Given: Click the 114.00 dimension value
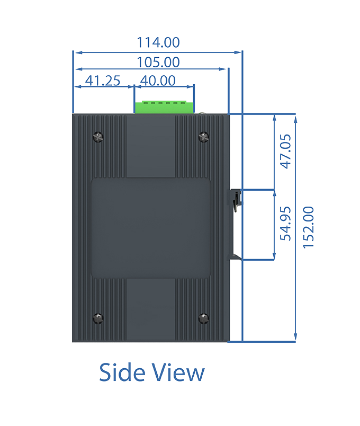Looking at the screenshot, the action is click(158, 42).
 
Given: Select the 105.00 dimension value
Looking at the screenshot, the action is click(158, 62).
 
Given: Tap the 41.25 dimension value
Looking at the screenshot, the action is click(103, 81).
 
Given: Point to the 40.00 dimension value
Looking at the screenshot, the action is click(158, 81).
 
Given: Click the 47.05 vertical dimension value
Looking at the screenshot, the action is click(285, 152).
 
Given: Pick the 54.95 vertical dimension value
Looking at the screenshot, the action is click(285, 224).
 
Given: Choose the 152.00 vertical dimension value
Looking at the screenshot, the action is click(309, 227).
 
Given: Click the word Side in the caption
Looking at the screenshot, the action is click(122, 372).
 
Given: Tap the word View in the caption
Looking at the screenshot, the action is click(178, 372).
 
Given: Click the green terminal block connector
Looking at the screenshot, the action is click(164, 107).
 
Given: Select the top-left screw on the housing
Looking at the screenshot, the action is click(98, 137).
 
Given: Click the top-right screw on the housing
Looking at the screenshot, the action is click(204, 137).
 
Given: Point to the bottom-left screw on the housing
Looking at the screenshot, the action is click(98, 318).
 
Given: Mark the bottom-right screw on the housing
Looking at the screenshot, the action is click(204, 318).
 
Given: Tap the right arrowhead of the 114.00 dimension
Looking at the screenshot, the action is click(238, 52).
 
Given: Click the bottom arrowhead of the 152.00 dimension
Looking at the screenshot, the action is click(295, 337).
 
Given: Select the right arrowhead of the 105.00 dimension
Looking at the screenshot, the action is click(222, 69).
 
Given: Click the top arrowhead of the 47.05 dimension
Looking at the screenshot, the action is click(274, 119).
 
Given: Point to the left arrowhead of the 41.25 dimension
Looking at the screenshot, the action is click(78, 87).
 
